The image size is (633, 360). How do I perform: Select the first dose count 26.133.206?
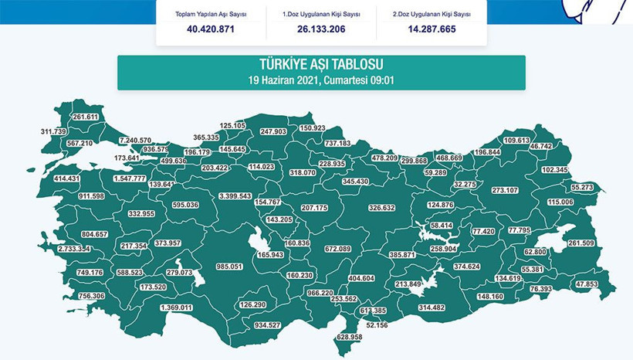(x=321, y=29)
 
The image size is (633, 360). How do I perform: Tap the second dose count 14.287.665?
(x=432, y=29)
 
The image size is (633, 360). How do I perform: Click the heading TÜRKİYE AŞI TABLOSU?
(x=321, y=65)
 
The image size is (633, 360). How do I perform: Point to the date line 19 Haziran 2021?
(x=321, y=80)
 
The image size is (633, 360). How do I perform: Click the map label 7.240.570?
(x=135, y=140)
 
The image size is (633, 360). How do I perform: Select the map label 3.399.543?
(x=235, y=196)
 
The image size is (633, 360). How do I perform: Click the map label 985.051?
(x=229, y=267)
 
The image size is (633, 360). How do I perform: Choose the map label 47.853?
(x=587, y=284)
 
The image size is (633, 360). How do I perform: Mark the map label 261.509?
(x=581, y=243)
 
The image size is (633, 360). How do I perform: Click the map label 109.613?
(x=516, y=141)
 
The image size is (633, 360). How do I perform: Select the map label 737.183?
(x=337, y=143)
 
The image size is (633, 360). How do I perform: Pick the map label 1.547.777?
(x=129, y=178)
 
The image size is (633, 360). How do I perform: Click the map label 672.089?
(x=338, y=249)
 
